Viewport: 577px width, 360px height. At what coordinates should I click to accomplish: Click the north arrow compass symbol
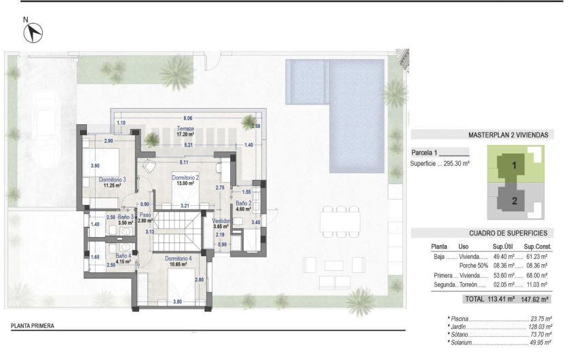point(33,31)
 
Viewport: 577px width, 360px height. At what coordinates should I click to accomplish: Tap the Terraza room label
point(185,128)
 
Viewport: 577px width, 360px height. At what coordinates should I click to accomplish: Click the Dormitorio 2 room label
point(186,177)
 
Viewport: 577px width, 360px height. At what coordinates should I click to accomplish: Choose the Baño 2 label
point(244,203)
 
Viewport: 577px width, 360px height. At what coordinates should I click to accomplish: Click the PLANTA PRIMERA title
point(33,326)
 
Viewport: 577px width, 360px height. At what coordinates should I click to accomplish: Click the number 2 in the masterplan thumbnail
point(514,200)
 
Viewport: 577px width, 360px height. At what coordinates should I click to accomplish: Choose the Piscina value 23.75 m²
point(538,318)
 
